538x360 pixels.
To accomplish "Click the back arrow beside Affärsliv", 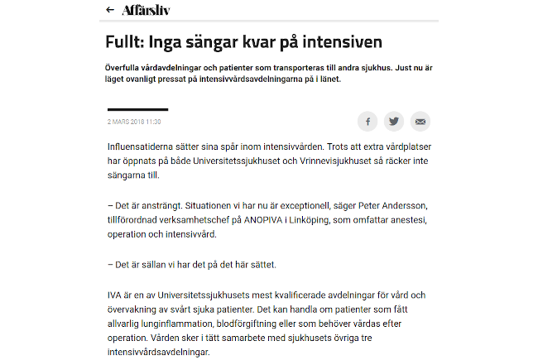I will coord(110,10).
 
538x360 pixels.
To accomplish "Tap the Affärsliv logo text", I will coord(147,10).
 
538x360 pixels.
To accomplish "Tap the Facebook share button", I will coord(367,121).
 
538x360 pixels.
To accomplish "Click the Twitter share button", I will coord(394,121).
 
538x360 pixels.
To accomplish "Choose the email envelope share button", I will coord(420,121).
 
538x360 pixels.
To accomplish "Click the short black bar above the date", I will coord(137,109).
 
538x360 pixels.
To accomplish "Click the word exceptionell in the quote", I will coord(279,205).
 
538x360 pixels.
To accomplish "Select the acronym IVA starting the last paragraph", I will coord(116,295).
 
